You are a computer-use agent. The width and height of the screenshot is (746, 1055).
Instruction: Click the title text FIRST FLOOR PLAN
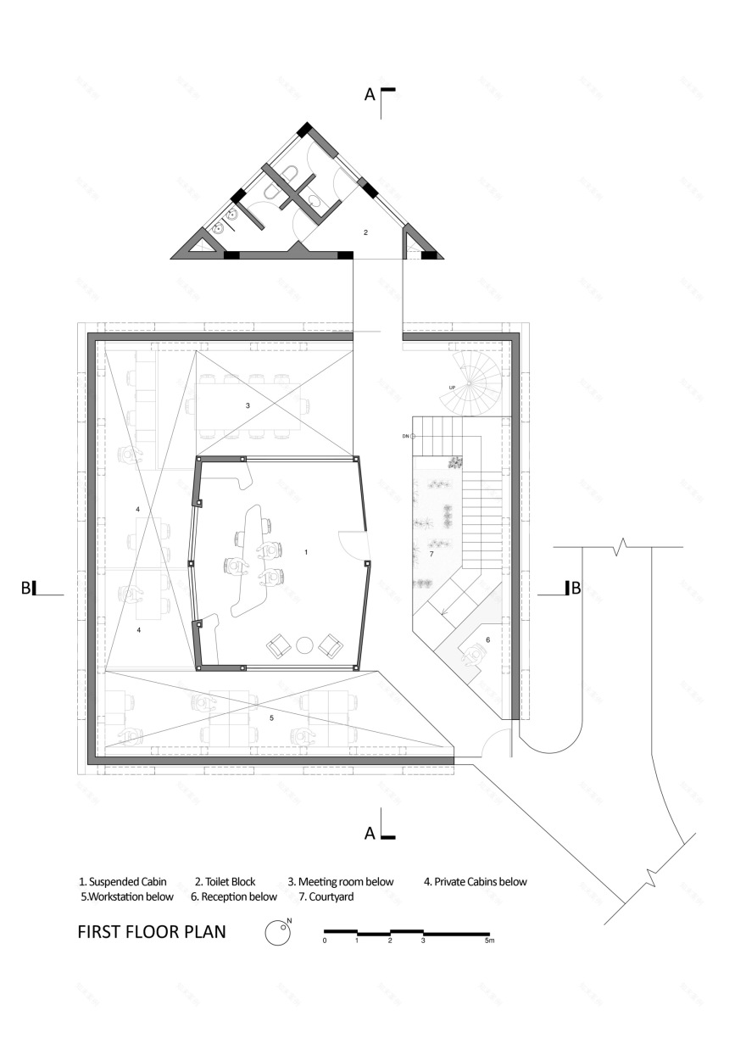point(152,932)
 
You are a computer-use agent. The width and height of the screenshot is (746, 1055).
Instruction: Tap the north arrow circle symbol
point(276,933)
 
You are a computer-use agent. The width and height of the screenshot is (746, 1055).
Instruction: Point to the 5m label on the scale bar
point(488,941)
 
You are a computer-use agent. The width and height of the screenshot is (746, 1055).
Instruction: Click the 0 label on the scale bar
point(325,941)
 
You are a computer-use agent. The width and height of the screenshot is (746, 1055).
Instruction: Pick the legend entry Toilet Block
point(225,881)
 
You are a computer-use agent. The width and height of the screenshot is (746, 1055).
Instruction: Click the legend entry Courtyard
point(326,896)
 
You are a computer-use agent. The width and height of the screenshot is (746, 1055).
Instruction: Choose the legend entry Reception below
point(234,896)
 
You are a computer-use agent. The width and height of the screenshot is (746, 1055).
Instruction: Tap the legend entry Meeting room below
point(341,881)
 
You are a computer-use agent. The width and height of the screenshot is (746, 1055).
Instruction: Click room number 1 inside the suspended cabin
point(306,551)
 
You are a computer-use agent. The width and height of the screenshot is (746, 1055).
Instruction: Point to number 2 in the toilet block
point(365,231)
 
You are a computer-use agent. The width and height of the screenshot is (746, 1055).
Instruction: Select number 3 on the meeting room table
point(248,406)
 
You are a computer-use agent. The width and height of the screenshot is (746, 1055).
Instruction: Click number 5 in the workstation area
point(271,718)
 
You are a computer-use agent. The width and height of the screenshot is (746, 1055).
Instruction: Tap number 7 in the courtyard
point(431,554)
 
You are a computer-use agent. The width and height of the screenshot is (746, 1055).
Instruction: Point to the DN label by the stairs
point(406,436)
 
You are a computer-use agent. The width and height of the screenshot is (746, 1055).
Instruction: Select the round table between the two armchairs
point(304,647)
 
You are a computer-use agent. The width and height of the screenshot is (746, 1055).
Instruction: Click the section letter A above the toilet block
point(370,96)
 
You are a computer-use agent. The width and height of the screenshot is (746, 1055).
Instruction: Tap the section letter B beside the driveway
point(576,588)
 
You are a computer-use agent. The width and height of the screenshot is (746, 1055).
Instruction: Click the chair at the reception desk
point(471,652)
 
